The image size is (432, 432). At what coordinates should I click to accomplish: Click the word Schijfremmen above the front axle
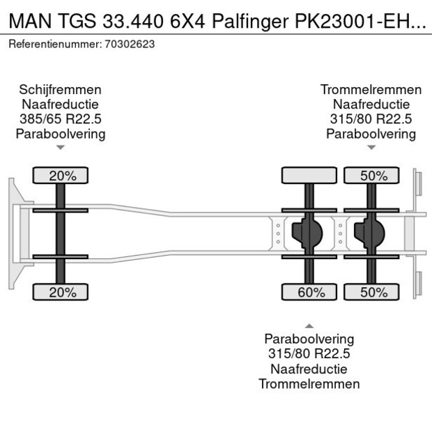61,90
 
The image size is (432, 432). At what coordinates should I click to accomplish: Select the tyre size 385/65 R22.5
61,119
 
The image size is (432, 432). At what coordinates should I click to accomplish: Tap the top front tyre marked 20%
62,176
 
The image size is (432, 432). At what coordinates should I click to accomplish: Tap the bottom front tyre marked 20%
62,292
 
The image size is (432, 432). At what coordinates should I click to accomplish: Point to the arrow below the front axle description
61,147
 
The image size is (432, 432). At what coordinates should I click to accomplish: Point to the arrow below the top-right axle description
371,147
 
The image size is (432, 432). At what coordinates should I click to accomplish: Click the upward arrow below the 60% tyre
309,325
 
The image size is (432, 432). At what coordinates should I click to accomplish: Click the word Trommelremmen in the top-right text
371,90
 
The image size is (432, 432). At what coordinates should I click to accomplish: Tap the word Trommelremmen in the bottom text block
309,383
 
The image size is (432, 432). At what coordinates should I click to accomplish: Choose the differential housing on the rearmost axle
370,233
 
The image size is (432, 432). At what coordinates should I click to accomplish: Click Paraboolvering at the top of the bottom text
309,339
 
